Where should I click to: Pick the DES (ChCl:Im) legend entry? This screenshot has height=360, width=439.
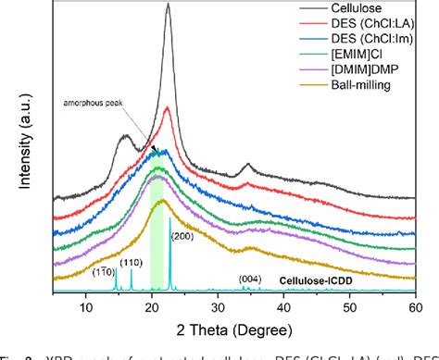[355, 44]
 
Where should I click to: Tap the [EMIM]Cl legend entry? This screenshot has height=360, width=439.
[340, 60]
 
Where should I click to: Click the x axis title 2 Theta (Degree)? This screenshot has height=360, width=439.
[233, 329]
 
